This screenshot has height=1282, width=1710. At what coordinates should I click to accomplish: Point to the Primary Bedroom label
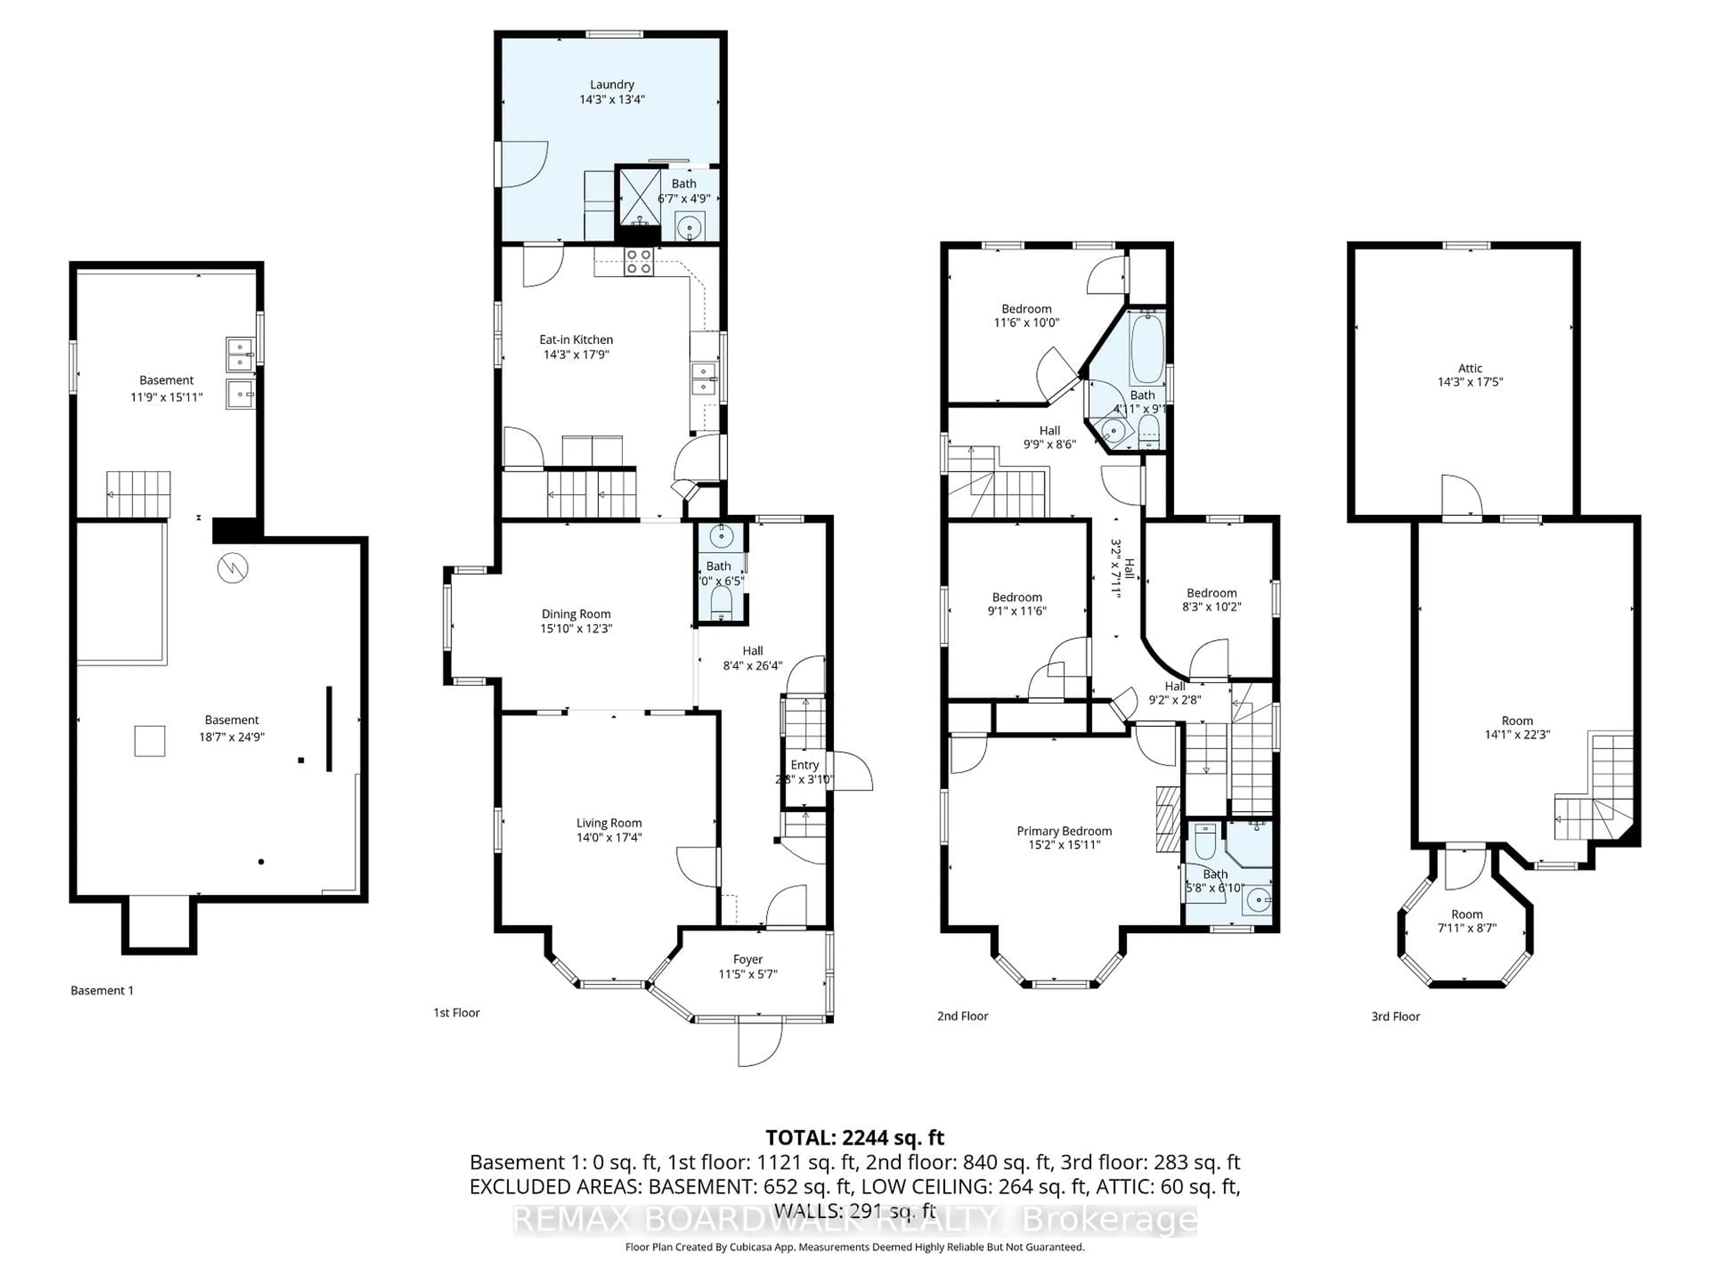point(1064,831)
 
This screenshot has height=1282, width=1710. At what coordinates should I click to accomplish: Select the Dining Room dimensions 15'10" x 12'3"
point(576,629)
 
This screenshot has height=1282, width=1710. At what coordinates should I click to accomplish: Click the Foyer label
point(748,959)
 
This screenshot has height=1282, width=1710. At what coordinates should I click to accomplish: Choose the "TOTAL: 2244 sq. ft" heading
point(854,1137)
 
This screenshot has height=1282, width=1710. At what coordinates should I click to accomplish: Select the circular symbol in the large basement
point(232,569)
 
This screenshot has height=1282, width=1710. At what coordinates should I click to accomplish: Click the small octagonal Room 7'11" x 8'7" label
point(1466,914)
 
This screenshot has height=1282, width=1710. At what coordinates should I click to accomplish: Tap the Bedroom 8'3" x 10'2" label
point(1211,593)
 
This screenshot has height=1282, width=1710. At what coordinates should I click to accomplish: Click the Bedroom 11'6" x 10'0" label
point(1026,308)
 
